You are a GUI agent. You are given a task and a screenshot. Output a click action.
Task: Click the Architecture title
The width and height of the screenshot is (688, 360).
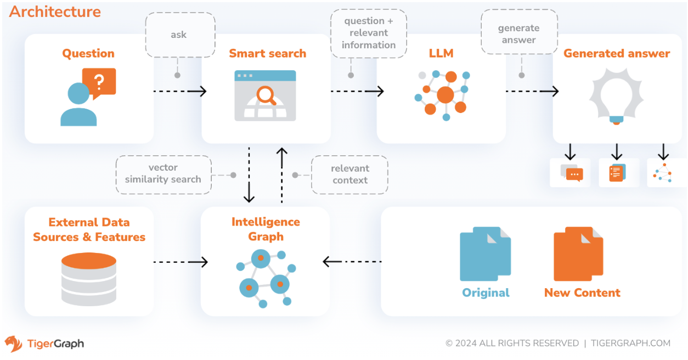tap(55, 12)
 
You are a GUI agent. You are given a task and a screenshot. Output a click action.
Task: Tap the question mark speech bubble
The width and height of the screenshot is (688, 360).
tap(99, 83)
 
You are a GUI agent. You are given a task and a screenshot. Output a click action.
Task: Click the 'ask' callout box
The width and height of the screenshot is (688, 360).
tap(179, 35)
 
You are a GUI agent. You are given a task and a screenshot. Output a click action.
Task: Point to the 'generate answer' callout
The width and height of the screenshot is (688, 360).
tap(518, 34)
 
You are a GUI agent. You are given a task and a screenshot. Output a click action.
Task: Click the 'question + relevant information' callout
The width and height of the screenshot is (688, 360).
tap(369, 33)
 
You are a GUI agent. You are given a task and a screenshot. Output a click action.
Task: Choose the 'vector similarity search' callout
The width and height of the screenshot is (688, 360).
tap(163, 173)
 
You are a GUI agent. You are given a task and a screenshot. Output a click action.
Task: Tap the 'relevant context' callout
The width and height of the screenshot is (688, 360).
tap(350, 174)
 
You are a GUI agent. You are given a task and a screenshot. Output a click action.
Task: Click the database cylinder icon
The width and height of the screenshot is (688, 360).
tap(88, 278)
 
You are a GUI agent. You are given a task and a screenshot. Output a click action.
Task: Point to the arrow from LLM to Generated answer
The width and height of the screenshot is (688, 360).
tap(532, 91)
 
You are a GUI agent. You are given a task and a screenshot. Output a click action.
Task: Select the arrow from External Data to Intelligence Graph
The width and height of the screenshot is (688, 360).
tap(181, 262)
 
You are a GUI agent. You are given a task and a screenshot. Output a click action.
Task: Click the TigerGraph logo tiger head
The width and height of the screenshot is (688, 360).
tap(14, 344)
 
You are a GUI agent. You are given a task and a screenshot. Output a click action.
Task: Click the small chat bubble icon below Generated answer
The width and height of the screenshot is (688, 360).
tap(572, 173)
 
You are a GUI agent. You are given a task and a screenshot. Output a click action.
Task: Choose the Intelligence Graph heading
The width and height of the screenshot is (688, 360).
tap(266, 229)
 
